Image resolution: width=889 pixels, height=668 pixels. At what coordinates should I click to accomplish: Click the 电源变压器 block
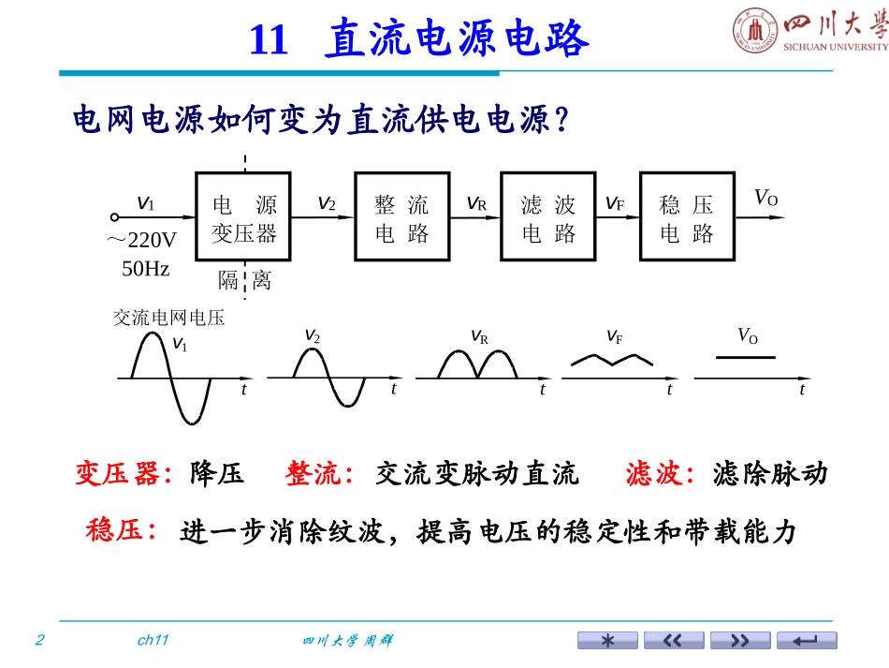coord(243,216)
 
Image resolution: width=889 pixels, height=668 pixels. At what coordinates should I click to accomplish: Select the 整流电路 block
coord(402,216)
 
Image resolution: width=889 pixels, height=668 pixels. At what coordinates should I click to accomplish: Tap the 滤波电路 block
coord(548,216)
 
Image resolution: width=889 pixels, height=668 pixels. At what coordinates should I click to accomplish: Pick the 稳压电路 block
coord(687,216)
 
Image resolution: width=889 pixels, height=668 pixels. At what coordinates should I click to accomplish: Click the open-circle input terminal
coord(114,216)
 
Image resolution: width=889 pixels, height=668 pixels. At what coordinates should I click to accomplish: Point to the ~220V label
coord(141,240)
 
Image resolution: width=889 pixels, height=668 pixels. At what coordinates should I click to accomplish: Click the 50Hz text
coord(146,269)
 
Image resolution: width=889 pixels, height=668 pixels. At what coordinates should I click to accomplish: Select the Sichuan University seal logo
coord(755,30)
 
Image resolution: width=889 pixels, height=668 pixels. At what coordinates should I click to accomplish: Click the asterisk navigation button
coord(607,640)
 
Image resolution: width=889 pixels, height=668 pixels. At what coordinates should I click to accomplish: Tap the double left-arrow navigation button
coord(674,640)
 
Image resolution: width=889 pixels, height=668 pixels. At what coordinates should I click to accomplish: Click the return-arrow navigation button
coord(807,640)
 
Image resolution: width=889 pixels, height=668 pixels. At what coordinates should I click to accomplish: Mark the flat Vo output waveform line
coord(746,358)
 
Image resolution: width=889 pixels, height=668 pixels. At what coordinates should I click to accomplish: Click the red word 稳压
coord(114,530)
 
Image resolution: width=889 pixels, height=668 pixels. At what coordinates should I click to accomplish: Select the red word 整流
coord(313,473)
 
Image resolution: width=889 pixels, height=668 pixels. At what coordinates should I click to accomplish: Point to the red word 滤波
coord(654,473)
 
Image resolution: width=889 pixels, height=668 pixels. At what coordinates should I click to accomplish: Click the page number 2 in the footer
coord(39,640)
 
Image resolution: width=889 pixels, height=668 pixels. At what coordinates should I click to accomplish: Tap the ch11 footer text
coord(153,640)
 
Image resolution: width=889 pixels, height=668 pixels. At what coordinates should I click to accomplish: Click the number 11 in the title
coord(269,39)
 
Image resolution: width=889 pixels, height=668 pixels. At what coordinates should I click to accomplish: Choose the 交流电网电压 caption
coord(169,318)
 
